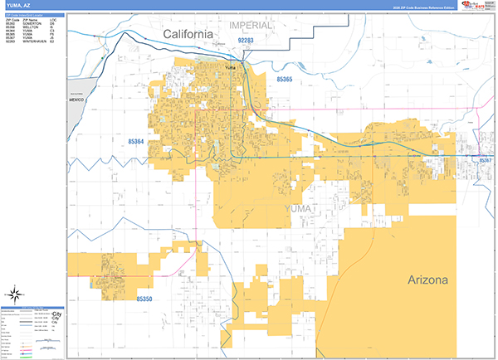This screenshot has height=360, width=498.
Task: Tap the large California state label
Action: [x=188, y=34]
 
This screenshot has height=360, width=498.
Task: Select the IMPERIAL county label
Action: [x=251, y=26]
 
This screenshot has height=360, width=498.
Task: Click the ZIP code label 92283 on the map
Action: [x=247, y=40]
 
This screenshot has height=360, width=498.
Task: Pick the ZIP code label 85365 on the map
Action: [x=280, y=78]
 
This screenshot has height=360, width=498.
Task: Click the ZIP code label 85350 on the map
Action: [x=142, y=299]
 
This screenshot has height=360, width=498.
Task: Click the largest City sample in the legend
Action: [x=56, y=314]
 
